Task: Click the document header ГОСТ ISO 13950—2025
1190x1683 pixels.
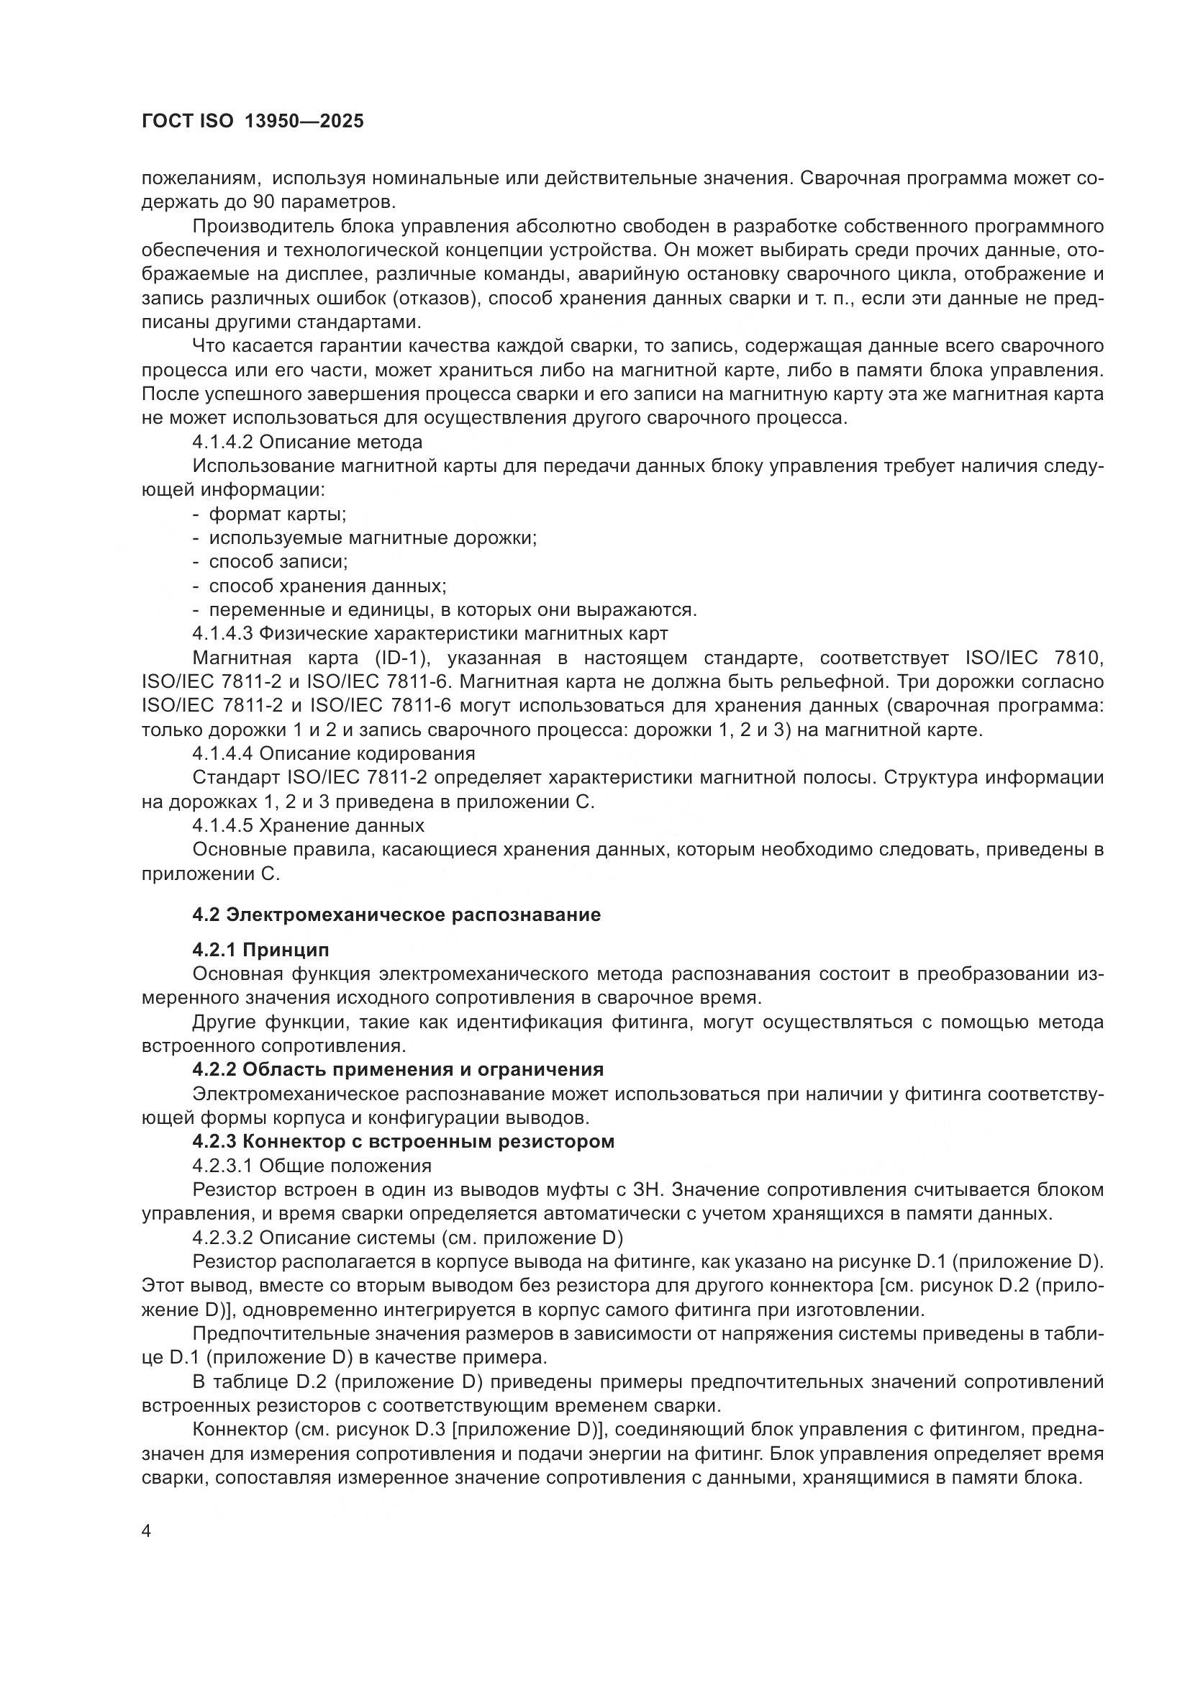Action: (252, 122)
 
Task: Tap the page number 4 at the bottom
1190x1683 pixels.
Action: (147, 1531)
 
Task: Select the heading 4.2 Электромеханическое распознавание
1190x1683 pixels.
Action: (396, 914)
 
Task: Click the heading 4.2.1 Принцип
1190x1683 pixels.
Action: (261, 950)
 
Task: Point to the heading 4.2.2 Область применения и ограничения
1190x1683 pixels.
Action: (398, 1069)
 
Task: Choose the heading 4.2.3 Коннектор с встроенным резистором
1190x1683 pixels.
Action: (403, 1141)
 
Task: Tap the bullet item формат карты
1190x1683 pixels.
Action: (278, 514)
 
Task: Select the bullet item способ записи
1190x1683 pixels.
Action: (278, 561)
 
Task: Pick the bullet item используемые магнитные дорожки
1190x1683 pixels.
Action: (373, 538)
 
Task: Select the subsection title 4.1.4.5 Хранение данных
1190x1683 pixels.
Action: (309, 825)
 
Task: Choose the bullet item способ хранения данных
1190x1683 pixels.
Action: (327, 586)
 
